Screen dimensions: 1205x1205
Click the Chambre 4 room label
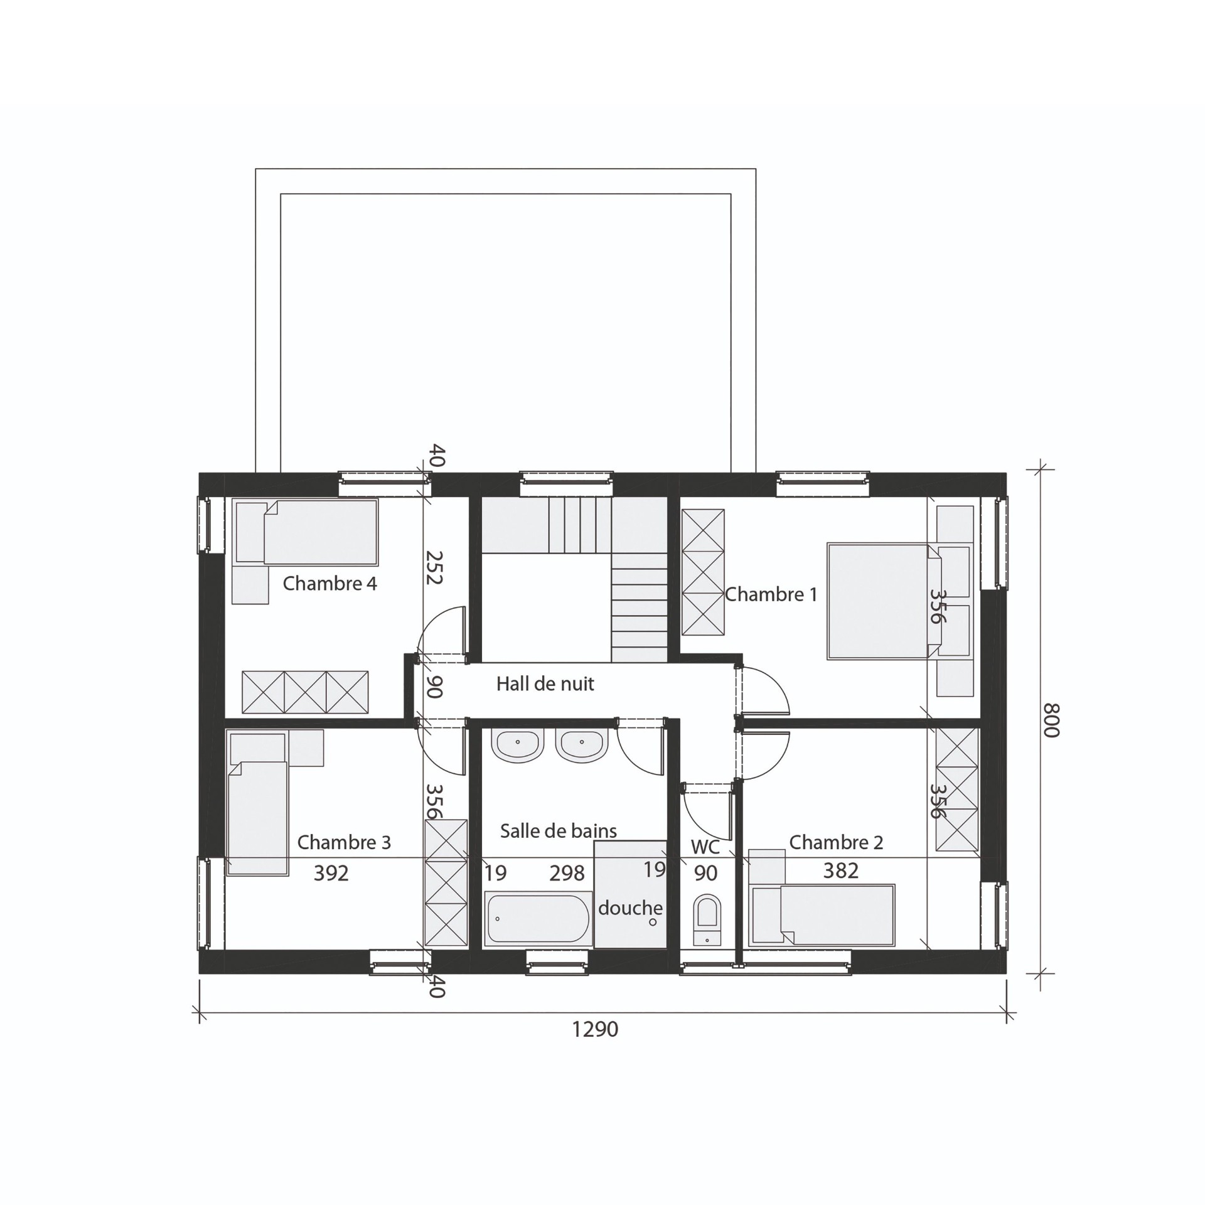coord(329,584)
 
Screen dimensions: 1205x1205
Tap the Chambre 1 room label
coord(771,594)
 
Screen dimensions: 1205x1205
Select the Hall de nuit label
coord(545,683)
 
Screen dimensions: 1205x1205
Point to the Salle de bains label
coord(559,831)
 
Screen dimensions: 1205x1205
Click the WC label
coord(705,847)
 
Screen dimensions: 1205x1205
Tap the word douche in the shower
coord(630,908)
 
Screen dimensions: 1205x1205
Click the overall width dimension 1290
coord(595,1029)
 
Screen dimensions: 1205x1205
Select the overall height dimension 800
coord(1052,720)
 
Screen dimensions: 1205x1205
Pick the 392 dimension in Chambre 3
coord(331,873)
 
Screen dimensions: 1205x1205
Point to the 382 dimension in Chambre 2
coord(840,870)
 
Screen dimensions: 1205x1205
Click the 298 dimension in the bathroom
coord(567,873)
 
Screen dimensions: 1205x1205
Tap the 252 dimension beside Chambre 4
coord(434,567)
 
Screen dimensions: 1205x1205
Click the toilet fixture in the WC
coord(707,921)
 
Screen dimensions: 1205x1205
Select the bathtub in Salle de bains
coord(538,918)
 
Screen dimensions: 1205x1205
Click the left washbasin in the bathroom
coord(518,746)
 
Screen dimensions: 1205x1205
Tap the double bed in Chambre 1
coord(885,601)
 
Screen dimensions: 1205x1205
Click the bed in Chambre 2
coord(822,914)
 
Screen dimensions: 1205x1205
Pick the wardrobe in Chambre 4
coord(305,692)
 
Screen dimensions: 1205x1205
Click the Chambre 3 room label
coord(344,842)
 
